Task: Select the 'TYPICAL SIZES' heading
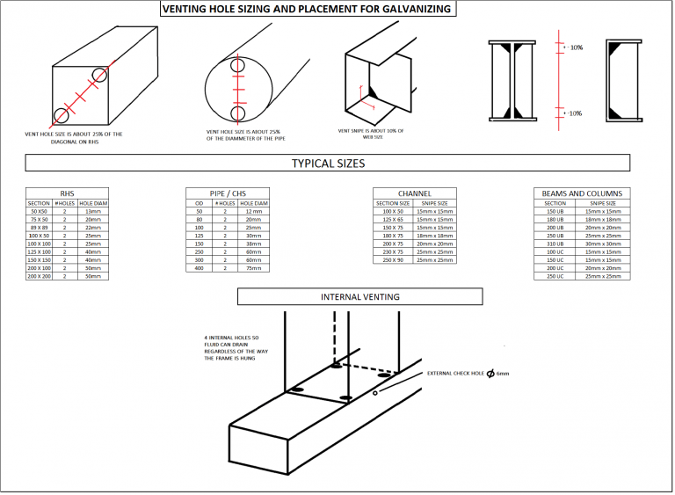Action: tap(327, 164)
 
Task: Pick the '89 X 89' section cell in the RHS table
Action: tap(39, 228)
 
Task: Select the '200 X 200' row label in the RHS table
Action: tap(39, 276)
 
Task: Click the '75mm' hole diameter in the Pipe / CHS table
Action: tap(253, 268)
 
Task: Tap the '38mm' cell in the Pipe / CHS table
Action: tap(253, 244)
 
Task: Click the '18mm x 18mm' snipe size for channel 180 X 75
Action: tap(434, 236)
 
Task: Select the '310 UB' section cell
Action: tap(555, 244)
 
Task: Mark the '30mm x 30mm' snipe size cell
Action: tap(603, 244)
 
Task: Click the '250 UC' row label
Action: tap(555, 276)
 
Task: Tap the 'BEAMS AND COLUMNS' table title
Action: tap(582, 193)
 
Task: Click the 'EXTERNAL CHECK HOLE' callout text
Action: tap(458, 374)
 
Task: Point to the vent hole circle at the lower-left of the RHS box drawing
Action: tap(62, 114)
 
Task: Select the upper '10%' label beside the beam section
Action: tap(576, 47)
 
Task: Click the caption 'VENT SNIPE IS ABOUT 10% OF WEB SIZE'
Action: tap(370, 134)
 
